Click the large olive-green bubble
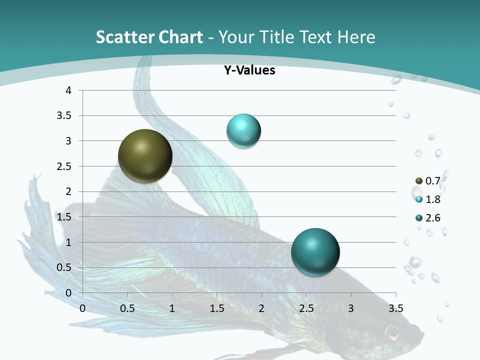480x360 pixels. coord(145,156)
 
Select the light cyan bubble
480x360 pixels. coord(243,131)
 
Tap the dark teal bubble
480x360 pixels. coord(315,252)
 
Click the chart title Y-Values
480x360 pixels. coord(249,70)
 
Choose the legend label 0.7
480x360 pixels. coord(432,181)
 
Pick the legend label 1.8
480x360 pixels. coord(432,199)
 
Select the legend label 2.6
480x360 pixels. coord(432,218)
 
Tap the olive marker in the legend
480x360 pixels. coord(419,181)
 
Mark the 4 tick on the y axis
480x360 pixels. coord(68,90)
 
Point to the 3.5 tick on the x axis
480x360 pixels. coord(395,308)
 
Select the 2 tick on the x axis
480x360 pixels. coord(261,308)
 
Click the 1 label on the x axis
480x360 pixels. coord(172,308)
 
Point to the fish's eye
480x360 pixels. coord(393,331)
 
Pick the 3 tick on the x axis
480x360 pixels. coord(351,308)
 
